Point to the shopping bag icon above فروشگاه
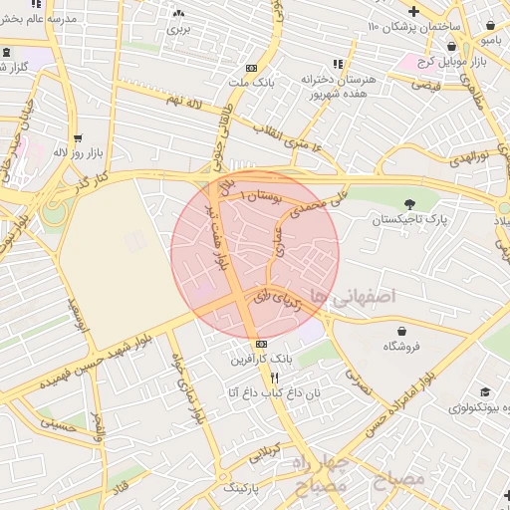pyautogui.click(x=401, y=331)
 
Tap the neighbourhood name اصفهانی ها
pyautogui.click(x=353, y=297)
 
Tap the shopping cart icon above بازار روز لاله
pyautogui.click(x=78, y=138)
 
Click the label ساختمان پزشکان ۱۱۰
pyautogui.click(x=408, y=26)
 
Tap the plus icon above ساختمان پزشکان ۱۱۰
pyautogui.click(x=414, y=11)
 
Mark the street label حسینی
pyautogui.click(x=57, y=424)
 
